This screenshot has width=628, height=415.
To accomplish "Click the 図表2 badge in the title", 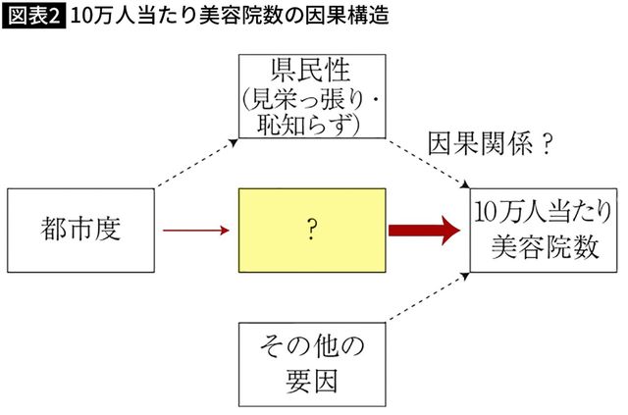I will click(33, 17).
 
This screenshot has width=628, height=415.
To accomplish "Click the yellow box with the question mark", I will click(310, 231).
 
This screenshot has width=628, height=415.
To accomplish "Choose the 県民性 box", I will click(310, 97).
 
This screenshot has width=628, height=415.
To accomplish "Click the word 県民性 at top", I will click(310, 72).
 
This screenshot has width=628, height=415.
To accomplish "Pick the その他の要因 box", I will click(310, 363).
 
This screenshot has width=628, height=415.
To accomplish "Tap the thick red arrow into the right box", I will click(424, 232).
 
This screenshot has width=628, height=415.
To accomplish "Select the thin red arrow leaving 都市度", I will click(195, 232).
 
